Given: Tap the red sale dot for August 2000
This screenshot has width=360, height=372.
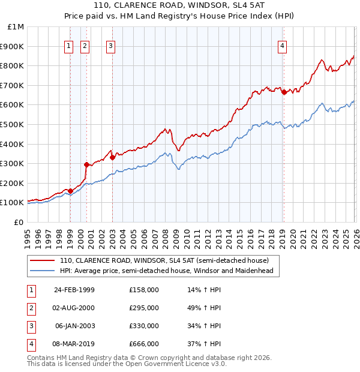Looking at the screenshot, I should point(86,164).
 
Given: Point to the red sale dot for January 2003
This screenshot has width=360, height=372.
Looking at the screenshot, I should point(112,157).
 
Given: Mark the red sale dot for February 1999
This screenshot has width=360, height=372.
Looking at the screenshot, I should point(71,191).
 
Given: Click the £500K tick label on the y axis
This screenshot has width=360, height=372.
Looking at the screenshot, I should point(13,124).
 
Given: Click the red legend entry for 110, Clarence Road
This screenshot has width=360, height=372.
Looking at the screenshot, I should point(168,260).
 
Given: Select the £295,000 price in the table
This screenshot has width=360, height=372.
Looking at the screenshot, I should point(144,308).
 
